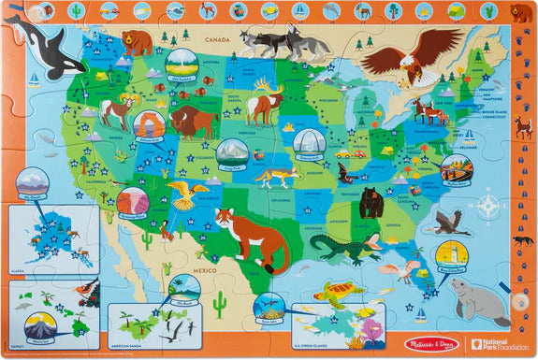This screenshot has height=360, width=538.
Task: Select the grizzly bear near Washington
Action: tap(138, 41)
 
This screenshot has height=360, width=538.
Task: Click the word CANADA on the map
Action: tap(217, 40)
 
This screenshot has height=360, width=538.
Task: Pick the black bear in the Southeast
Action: tap(371, 200)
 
